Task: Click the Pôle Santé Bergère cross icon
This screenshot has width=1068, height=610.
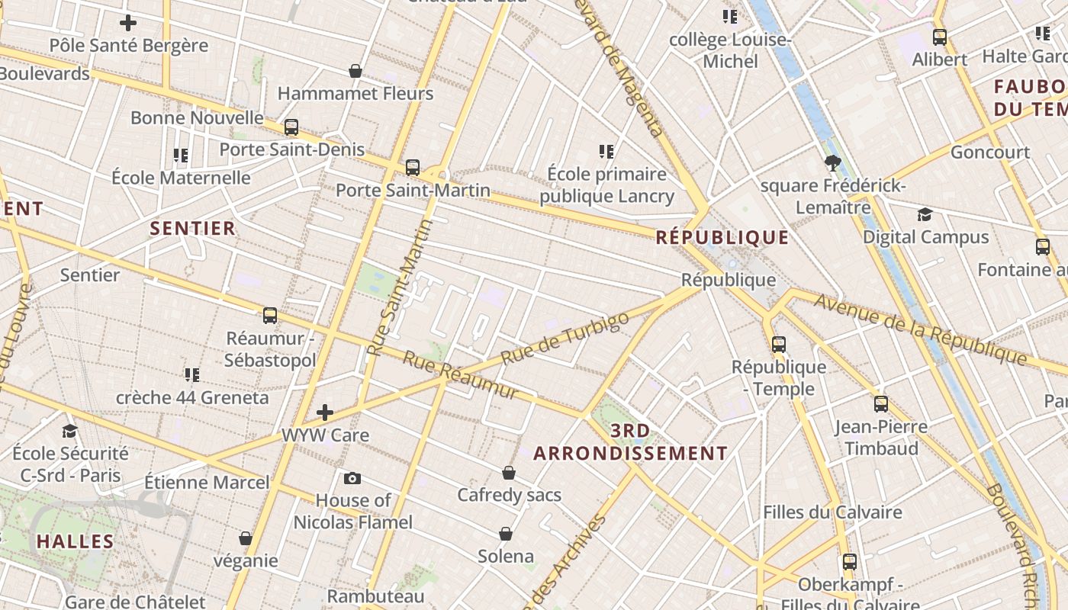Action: click(128, 23)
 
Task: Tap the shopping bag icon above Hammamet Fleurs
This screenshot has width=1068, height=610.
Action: click(355, 71)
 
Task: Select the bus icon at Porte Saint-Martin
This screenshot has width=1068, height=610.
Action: click(413, 167)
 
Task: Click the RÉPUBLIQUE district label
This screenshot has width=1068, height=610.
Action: click(722, 237)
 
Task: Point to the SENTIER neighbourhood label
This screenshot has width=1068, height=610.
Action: click(192, 228)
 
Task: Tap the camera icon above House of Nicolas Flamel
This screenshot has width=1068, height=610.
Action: click(352, 478)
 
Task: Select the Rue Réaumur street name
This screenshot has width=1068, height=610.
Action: click(460, 375)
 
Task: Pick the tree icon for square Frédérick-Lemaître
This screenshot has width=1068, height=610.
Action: click(833, 162)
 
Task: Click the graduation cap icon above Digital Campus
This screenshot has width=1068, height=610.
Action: click(925, 214)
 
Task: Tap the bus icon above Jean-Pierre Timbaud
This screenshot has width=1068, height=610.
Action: click(881, 403)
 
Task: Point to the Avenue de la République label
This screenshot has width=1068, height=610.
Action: click(921, 328)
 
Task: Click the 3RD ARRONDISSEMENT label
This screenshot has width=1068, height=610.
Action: click(630, 442)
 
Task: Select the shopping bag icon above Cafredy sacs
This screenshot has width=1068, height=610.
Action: click(509, 473)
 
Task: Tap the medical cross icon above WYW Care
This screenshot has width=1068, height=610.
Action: click(325, 413)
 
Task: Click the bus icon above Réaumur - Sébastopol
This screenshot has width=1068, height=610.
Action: click(269, 315)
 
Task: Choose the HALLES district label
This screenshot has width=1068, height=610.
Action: click(75, 541)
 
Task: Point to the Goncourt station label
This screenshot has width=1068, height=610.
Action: click(989, 152)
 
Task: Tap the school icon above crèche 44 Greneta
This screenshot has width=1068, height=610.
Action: click(191, 374)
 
